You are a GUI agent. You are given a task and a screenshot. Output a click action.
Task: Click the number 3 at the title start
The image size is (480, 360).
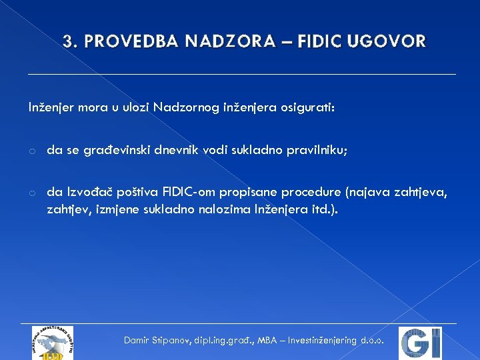point(67,42)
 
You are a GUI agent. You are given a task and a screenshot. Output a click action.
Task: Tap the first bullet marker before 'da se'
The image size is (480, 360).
point(31,151)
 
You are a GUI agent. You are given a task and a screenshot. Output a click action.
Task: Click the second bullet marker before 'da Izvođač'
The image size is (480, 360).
point(31,193)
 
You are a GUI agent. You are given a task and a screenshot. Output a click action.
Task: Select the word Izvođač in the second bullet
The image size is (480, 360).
point(89,193)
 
